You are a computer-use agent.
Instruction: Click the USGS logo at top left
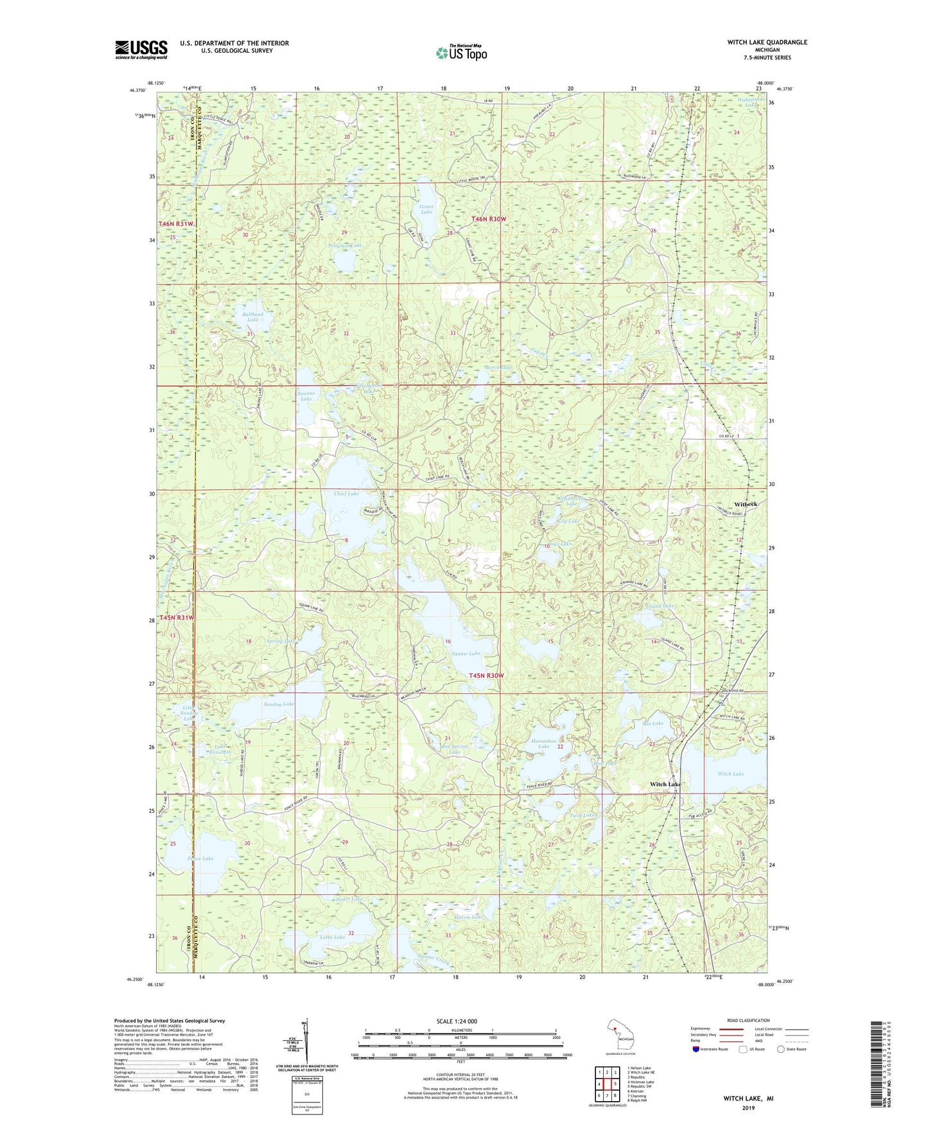[x=141, y=49]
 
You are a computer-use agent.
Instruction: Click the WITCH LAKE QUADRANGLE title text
[x=758, y=42]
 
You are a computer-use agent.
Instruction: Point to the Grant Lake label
[x=426, y=209]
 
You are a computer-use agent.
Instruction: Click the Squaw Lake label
[x=466, y=654]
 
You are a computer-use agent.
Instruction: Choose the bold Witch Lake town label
[x=665, y=785]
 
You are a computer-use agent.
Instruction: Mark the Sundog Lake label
[x=279, y=704]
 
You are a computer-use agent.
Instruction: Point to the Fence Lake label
[x=200, y=858]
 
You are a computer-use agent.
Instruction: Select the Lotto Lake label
[x=332, y=937]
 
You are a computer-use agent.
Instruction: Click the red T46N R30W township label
[x=489, y=219]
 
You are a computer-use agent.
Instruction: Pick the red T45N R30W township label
[x=486, y=675]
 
